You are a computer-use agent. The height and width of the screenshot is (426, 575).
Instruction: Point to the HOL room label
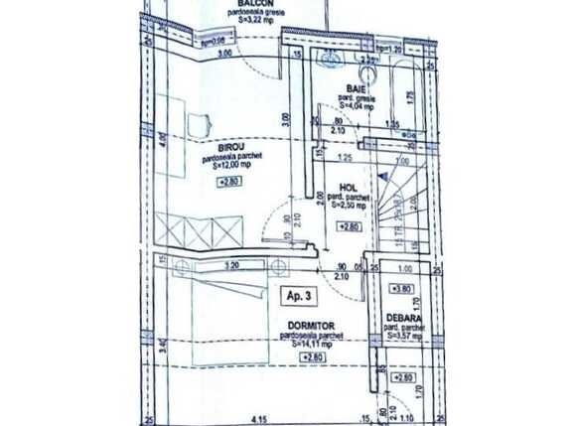click(348, 186)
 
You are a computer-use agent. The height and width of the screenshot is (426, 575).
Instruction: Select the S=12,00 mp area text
click(233, 168)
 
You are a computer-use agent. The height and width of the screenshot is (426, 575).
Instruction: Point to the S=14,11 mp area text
click(301, 345)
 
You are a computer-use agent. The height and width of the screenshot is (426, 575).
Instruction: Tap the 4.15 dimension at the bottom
click(261, 418)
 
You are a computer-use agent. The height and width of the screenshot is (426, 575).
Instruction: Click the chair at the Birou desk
click(200, 123)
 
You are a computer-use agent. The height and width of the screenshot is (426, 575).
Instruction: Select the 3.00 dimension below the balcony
click(224, 53)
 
